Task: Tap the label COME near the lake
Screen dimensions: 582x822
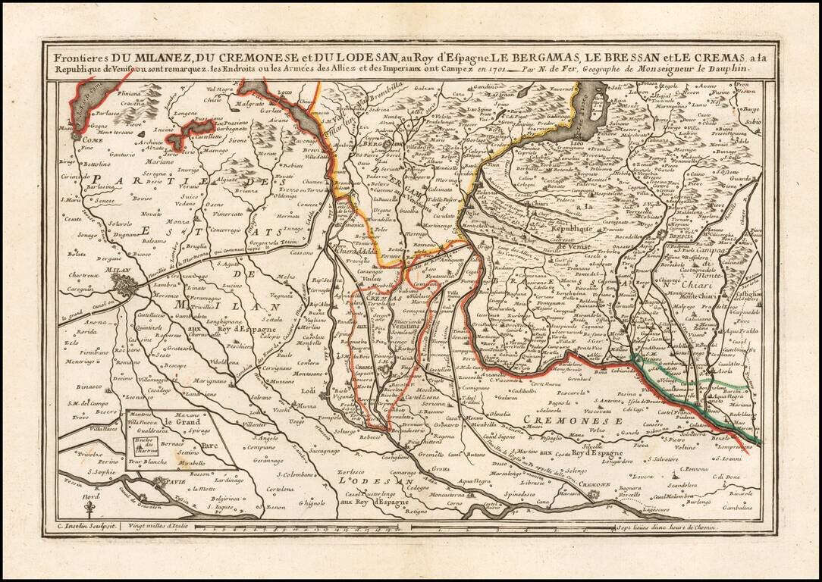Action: [x=71, y=139]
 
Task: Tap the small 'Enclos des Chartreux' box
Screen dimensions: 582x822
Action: [x=140, y=444]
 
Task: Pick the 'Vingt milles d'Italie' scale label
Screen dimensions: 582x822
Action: [x=158, y=526]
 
